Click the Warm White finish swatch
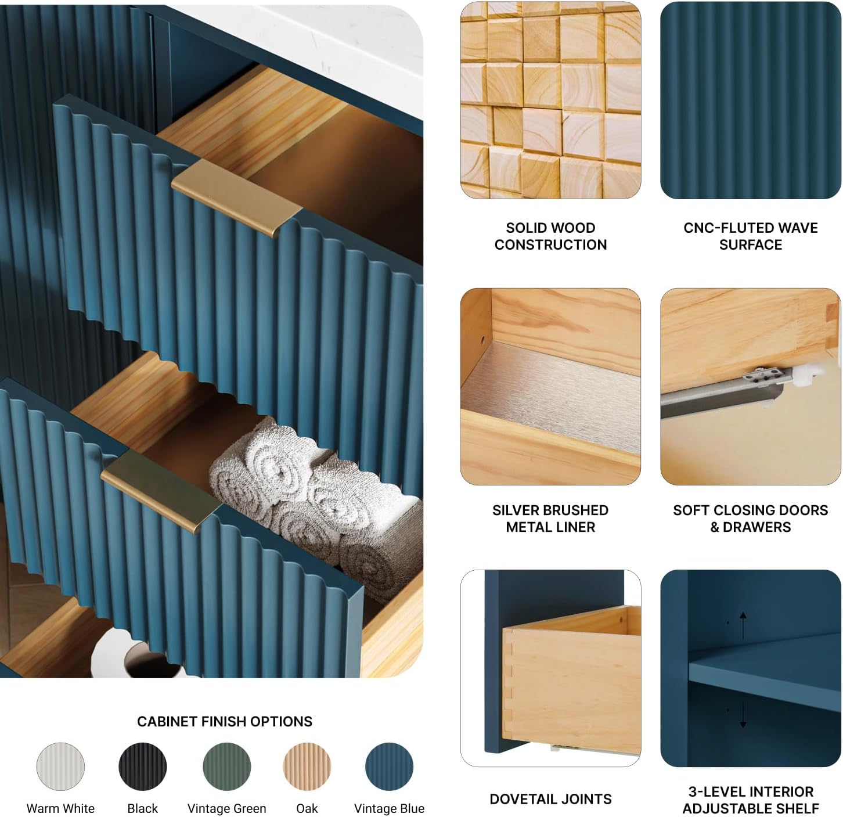pos(60,766)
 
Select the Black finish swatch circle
pos(142,766)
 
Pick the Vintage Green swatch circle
pos(226,766)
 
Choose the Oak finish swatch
pos(307,766)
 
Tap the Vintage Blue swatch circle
pos(389,766)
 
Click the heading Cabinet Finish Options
pos(225,721)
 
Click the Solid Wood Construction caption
pos(550,236)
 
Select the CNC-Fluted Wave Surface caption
pos(751,236)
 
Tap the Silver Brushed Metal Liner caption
pos(550,519)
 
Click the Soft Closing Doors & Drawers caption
pos(751,519)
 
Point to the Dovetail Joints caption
pos(550,799)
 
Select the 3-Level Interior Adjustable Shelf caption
pos(751,800)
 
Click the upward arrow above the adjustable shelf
pos(743,625)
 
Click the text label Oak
pos(307,808)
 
